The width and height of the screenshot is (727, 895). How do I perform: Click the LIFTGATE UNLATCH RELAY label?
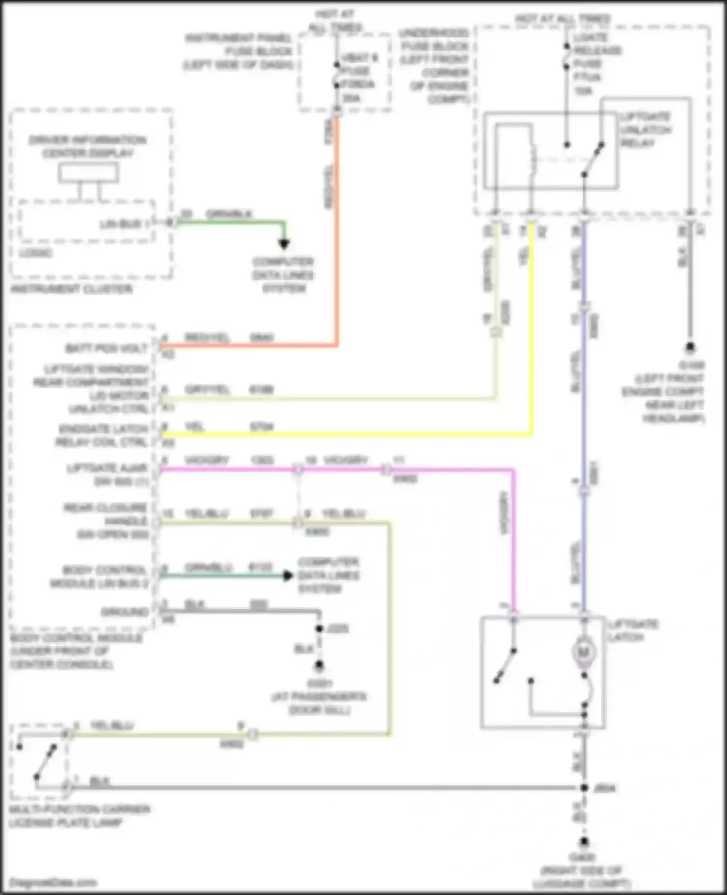[x=645, y=130]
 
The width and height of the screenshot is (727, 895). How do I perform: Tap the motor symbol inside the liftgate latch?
[x=584, y=653]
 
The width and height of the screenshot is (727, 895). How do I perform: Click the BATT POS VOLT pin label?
[x=106, y=348]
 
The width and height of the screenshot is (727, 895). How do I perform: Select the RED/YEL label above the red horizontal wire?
[x=206, y=337]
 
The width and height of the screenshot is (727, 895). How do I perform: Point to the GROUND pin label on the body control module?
[x=125, y=612]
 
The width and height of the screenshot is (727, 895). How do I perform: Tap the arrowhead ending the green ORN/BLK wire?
[x=284, y=244]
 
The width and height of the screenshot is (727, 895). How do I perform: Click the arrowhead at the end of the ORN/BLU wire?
[x=288, y=575]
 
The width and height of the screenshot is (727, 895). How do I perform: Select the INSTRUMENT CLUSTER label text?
[x=71, y=289]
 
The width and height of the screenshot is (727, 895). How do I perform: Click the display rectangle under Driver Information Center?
[x=88, y=173]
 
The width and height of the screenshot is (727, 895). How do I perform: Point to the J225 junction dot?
[x=319, y=629]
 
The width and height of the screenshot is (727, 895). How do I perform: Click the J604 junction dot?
[x=585, y=788]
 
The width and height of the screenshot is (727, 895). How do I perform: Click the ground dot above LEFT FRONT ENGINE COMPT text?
[x=690, y=347]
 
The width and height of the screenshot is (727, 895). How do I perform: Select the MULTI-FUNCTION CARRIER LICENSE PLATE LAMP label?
[x=79, y=816]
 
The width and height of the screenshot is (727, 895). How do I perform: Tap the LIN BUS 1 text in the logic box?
[x=121, y=224]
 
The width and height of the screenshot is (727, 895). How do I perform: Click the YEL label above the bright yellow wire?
[x=194, y=427]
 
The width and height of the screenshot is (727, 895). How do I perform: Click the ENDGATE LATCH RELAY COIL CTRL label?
[x=103, y=435]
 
